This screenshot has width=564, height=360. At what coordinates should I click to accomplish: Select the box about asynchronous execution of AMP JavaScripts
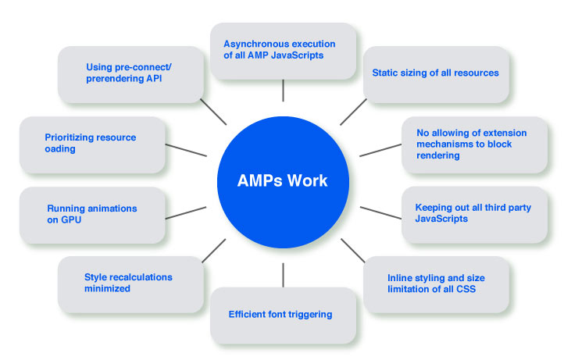(x=283, y=50)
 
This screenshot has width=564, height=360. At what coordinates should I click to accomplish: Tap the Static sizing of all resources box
(x=436, y=73)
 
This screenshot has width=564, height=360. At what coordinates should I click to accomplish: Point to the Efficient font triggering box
(x=283, y=315)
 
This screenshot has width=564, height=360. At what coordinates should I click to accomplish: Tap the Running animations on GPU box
(x=92, y=215)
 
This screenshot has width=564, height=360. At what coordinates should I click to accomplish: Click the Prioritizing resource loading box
(x=92, y=144)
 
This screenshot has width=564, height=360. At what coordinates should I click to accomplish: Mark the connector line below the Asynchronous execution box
(x=283, y=91)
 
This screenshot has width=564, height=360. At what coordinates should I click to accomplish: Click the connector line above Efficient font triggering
(x=283, y=274)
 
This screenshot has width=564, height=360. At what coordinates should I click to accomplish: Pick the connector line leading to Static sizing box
(x=354, y=112)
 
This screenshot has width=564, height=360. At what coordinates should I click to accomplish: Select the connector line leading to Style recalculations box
(x=213, y=250)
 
